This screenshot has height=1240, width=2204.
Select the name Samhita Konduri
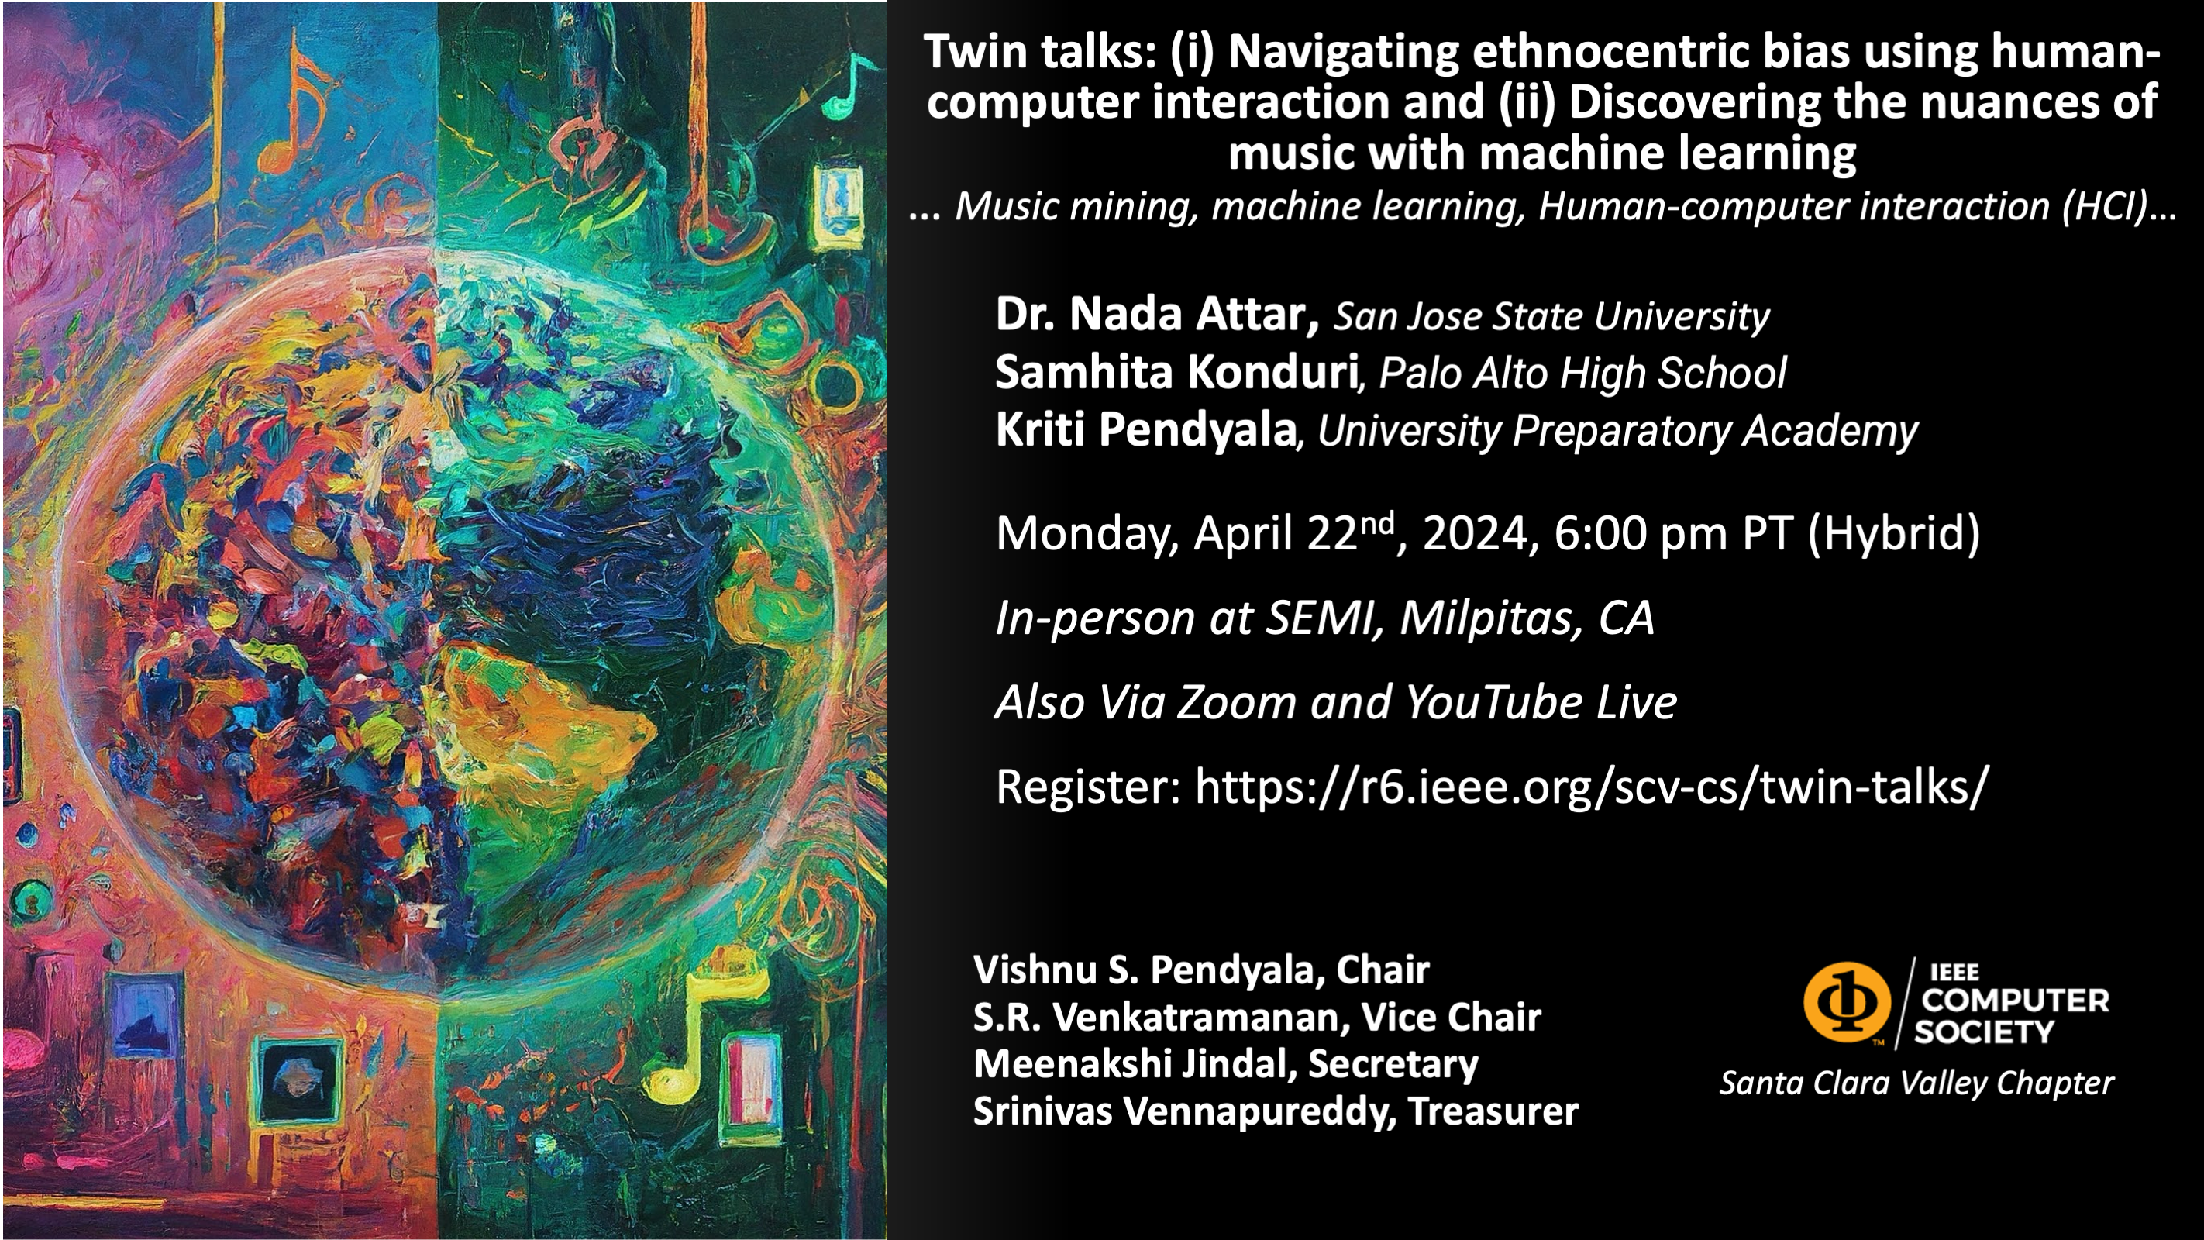pyautogui.click(x=1176, y=372)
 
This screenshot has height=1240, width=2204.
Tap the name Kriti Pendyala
pyautogui.click(x=1145, y=429)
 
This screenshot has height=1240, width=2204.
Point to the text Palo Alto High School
pyautogui.click(x=1582, y=374)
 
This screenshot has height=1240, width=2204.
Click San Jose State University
pyautogui.click(x=1551, y=317)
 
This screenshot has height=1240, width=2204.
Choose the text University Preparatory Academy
pyautogui.click(x=1617, y=432)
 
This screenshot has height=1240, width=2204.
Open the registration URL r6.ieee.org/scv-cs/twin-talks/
pyautogui.click(x=1592, y=787)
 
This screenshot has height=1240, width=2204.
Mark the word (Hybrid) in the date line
pyautogui.click(x=1894, y=534)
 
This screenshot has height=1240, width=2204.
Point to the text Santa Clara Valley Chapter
pyautogui.click(x=1916, y=1083)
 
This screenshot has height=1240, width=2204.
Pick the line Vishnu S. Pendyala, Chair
pyautogui.click(x=1201, y=970)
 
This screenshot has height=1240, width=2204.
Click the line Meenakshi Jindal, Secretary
pyautogui.click(x=1226, y=1065)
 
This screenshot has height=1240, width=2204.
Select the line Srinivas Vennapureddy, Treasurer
pyautogui.click(x=1276, y=1111)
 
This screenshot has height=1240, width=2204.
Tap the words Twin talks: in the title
pyautogui.click(x=1041, y=51)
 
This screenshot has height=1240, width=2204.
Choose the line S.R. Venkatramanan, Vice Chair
pyautogui.click(x=1257, y=1018)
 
